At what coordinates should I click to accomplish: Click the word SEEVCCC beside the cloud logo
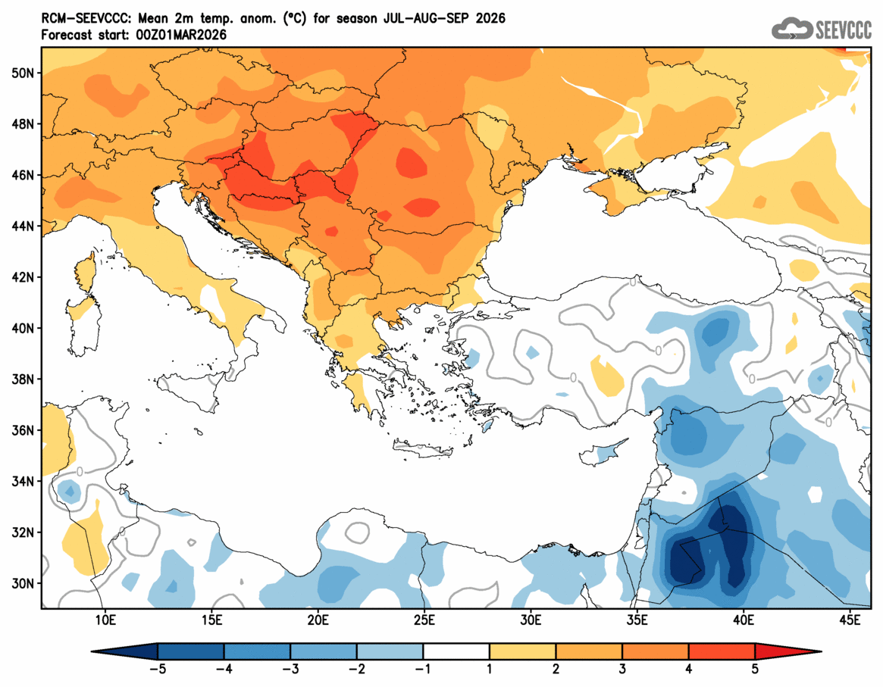844,30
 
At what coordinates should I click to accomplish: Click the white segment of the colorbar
456,651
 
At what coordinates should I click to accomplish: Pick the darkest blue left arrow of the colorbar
125,651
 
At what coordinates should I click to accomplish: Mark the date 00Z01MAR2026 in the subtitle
178,35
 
